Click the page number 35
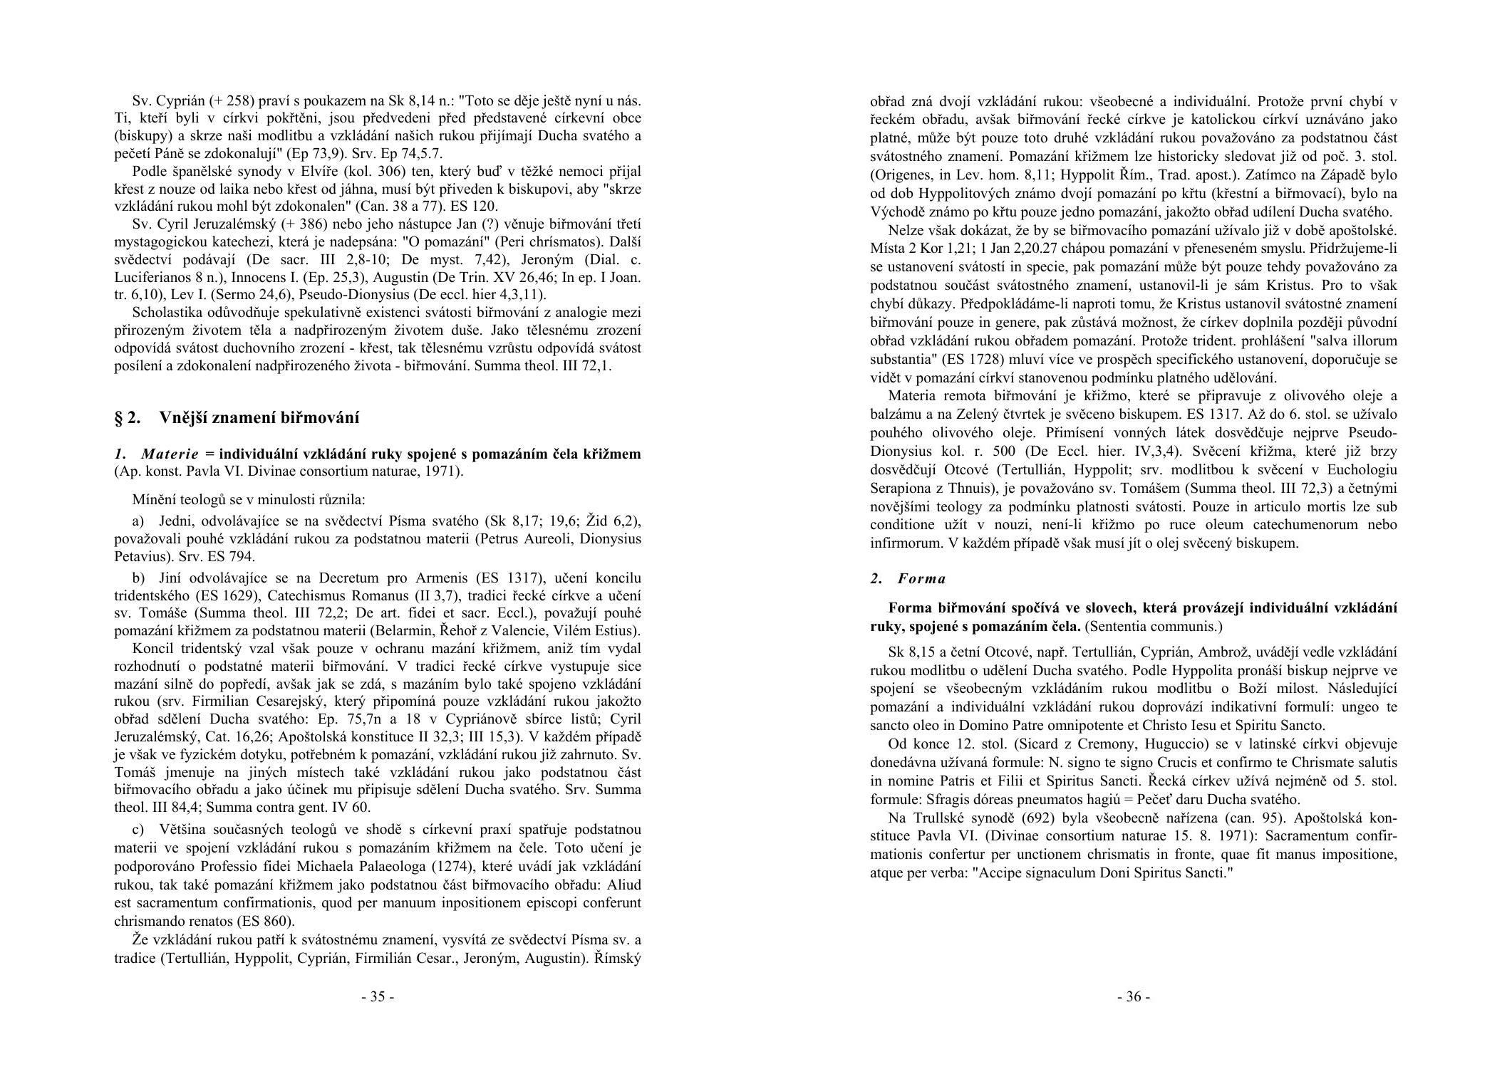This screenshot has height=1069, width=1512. click(377, 996)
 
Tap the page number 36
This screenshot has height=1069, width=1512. click(1133, 996)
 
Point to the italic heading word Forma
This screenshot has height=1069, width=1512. click(921, 578)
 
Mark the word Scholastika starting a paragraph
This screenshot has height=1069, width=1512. click(166, 313)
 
